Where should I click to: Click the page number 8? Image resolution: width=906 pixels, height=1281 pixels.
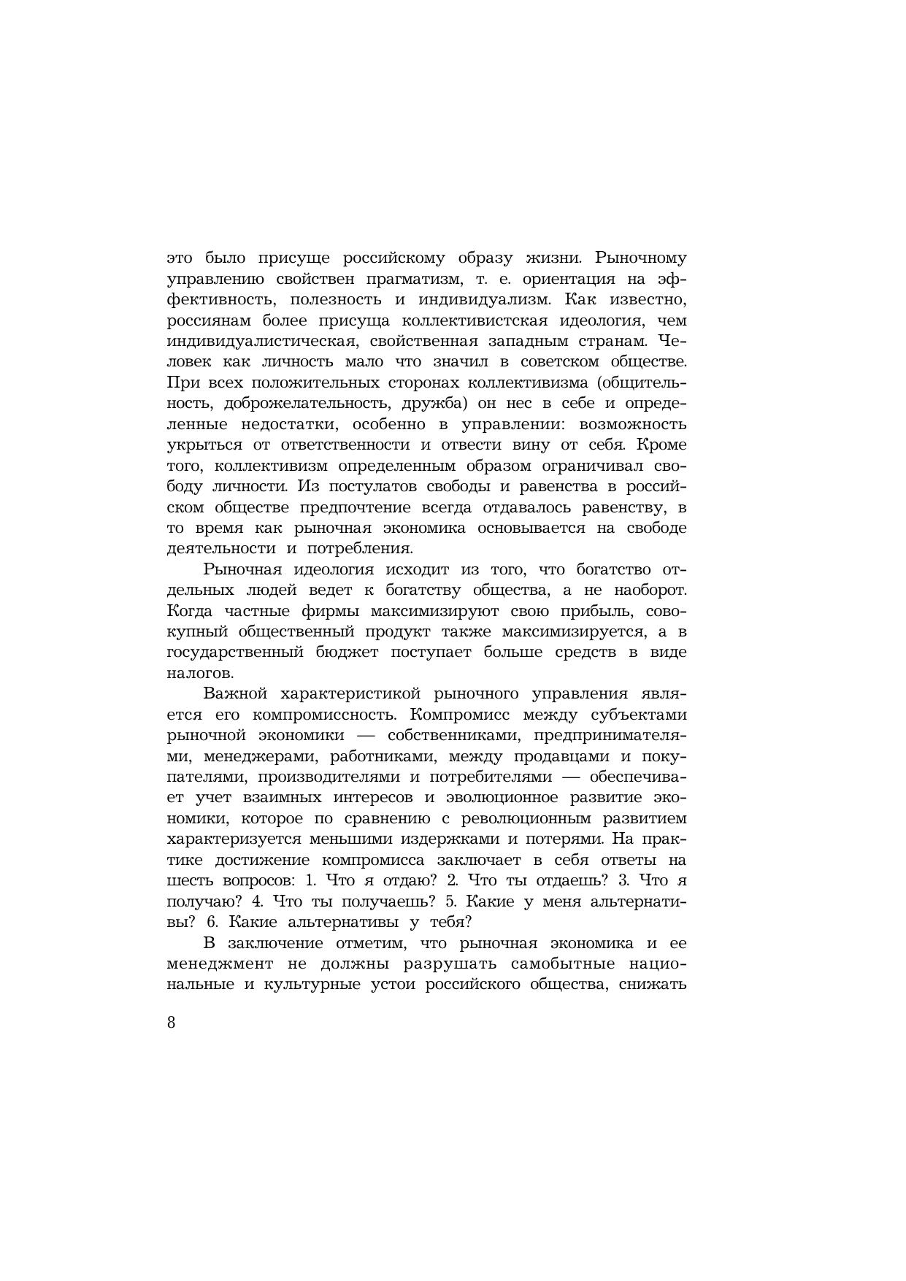(x=172, y=1023)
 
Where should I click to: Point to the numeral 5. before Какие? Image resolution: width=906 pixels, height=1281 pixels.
(x=450, y=901)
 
